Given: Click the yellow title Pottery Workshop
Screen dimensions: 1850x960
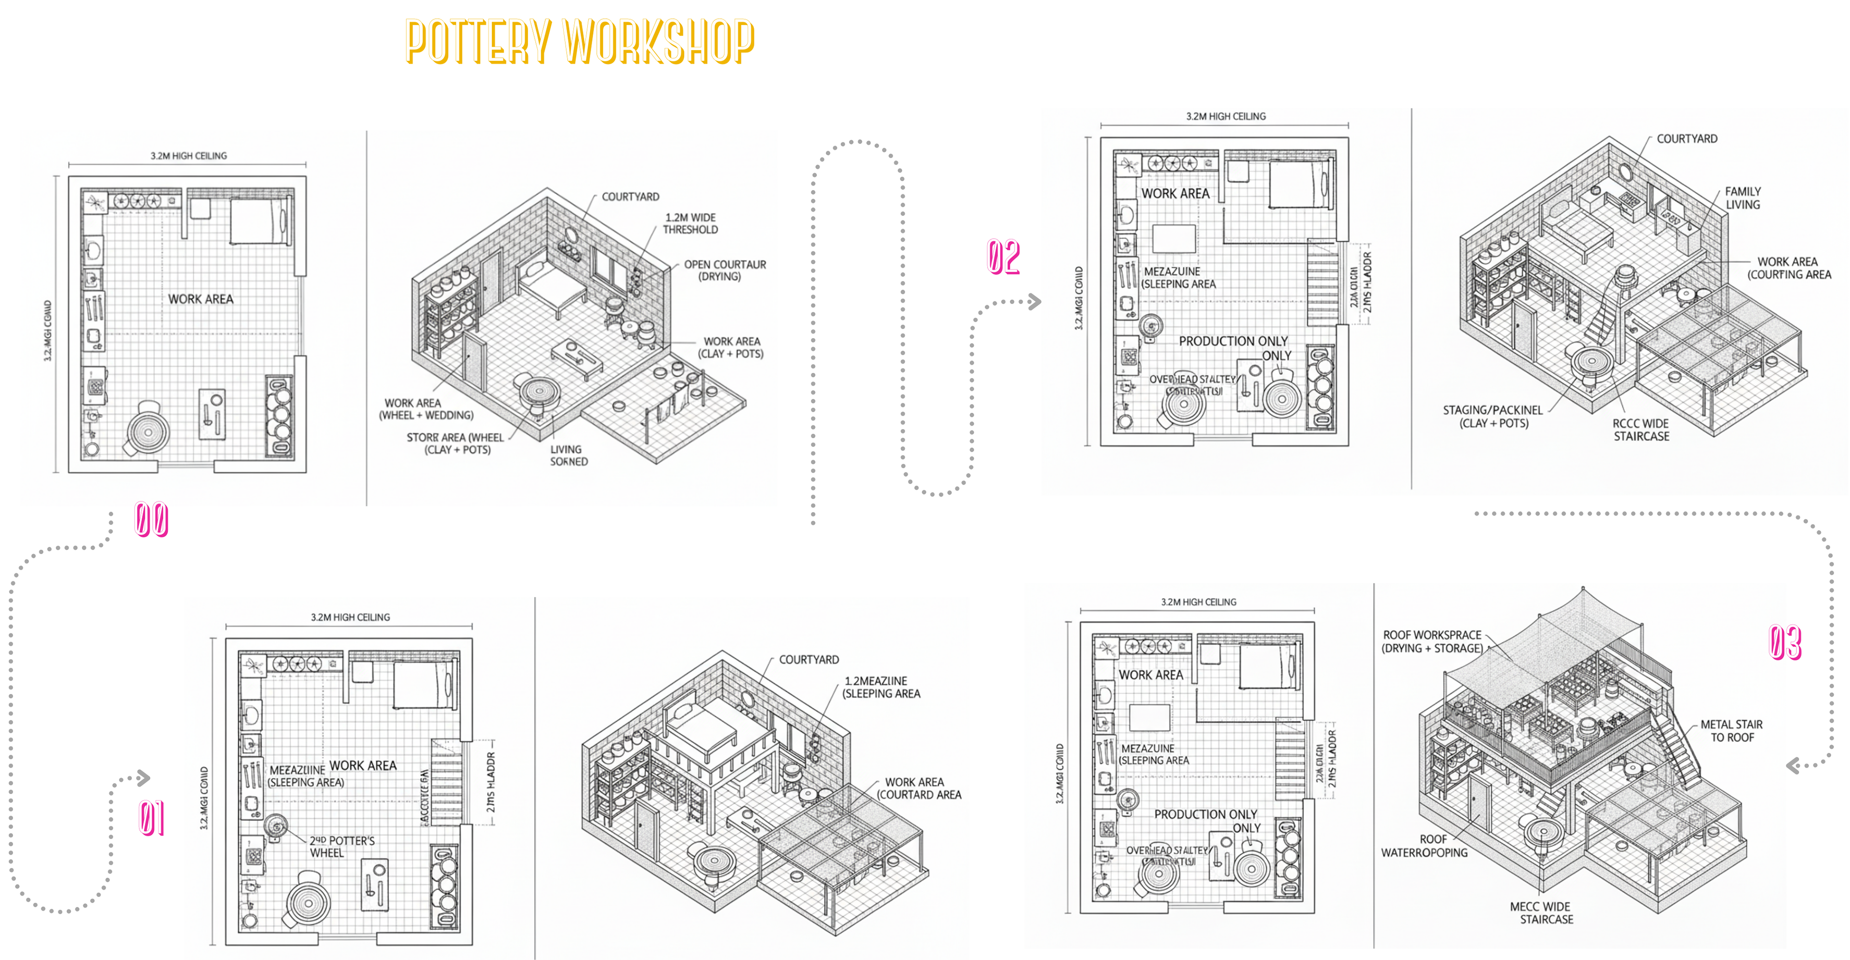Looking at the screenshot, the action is pos(580,41).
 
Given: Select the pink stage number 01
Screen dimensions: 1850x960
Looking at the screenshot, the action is pos(152,818).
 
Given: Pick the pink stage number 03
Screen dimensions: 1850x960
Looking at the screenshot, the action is pos(1784,642).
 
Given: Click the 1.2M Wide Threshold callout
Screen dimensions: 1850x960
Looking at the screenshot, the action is pos(690,223).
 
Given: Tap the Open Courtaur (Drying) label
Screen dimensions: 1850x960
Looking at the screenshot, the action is pos(724,270).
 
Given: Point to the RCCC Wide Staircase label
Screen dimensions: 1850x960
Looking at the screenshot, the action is pos(1641,430).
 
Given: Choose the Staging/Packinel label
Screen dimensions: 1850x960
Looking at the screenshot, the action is pos(1493,417).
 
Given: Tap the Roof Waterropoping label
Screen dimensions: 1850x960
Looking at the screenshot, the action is pos(1424,846).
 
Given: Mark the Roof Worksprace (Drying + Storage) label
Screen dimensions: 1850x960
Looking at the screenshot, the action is pos(1432,641).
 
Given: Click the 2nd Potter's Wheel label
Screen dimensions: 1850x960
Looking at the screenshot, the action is pos(342,847).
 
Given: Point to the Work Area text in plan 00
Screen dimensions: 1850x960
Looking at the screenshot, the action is pos(200,299).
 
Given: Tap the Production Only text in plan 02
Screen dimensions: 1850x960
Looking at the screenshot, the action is pos(1233,341).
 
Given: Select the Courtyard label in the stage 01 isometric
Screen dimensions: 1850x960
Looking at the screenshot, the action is pos(809,660).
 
